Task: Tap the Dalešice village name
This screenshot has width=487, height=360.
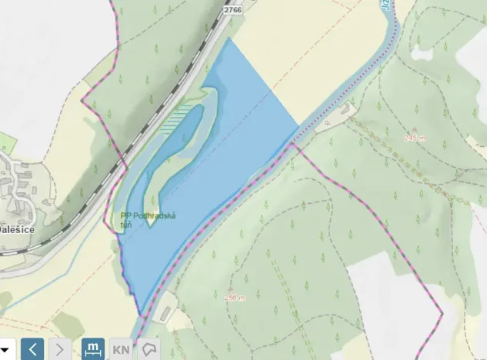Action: (x=14, y=228)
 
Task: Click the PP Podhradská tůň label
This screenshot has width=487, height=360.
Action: (x=148, y=219)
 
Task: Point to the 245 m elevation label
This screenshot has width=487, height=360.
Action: (x=414, y=138)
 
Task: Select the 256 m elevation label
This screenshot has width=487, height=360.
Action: (x=234, y=297)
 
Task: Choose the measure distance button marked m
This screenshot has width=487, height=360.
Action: (x=93, y=349)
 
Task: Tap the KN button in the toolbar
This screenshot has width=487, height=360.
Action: (x=121, y=349)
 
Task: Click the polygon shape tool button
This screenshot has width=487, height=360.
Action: (x=149, y=349)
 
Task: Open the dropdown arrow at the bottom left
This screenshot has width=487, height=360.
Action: (x=5, y=349)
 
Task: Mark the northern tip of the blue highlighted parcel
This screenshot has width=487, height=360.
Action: (x=228, y=38)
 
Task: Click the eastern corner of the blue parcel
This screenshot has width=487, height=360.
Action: (x=299, y=125)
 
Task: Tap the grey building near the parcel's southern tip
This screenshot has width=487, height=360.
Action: (x=165, y=312)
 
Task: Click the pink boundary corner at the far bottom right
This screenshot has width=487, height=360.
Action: (x=442, y=315)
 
